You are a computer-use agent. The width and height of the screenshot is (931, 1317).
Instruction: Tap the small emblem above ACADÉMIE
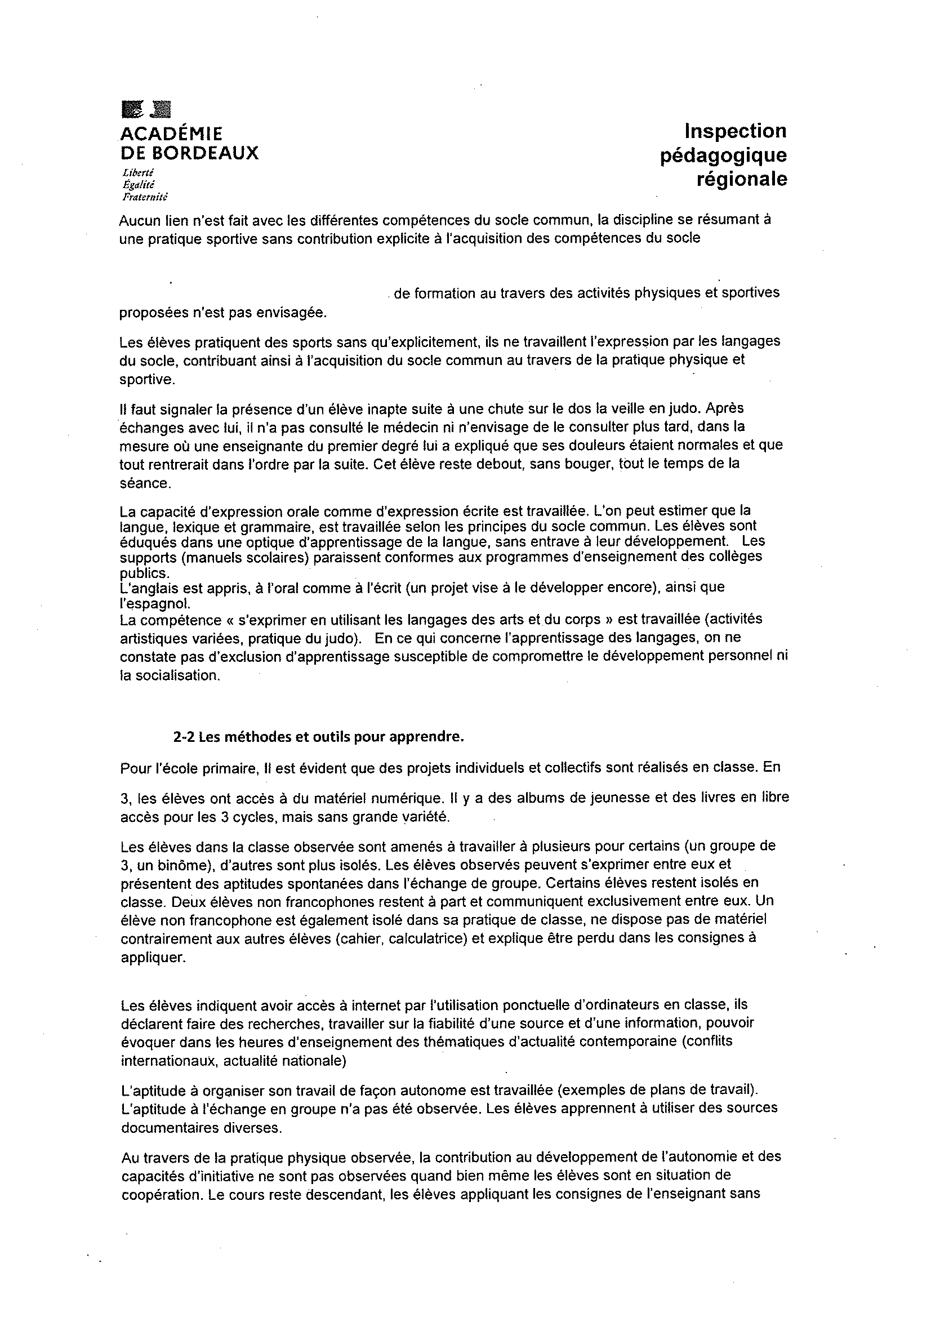coord(148,109)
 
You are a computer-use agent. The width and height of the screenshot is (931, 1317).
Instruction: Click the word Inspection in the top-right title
coord(736,131)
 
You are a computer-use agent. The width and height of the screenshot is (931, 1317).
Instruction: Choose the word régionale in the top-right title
coord(742,180)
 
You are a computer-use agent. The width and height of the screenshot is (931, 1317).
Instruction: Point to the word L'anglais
coord(144,587)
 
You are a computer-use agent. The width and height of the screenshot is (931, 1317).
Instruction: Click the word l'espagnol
coord(149,604)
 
